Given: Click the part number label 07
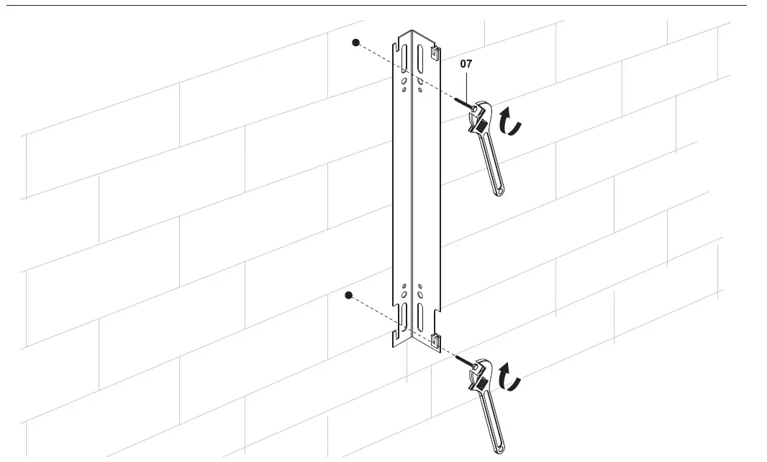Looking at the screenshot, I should click(466, 64).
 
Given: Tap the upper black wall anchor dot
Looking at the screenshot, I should click(355, 42).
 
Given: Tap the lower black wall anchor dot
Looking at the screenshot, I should click(349, 295).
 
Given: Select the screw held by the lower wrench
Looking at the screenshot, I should click(466, 362).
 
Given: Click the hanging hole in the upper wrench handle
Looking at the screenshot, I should click(499, 190).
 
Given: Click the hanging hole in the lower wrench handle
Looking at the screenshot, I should click(499, 448).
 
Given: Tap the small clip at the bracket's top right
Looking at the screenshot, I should click(435, 52).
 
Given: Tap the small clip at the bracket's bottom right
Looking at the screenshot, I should click(435, 339).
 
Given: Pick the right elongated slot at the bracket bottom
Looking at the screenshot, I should click(421, 317).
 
